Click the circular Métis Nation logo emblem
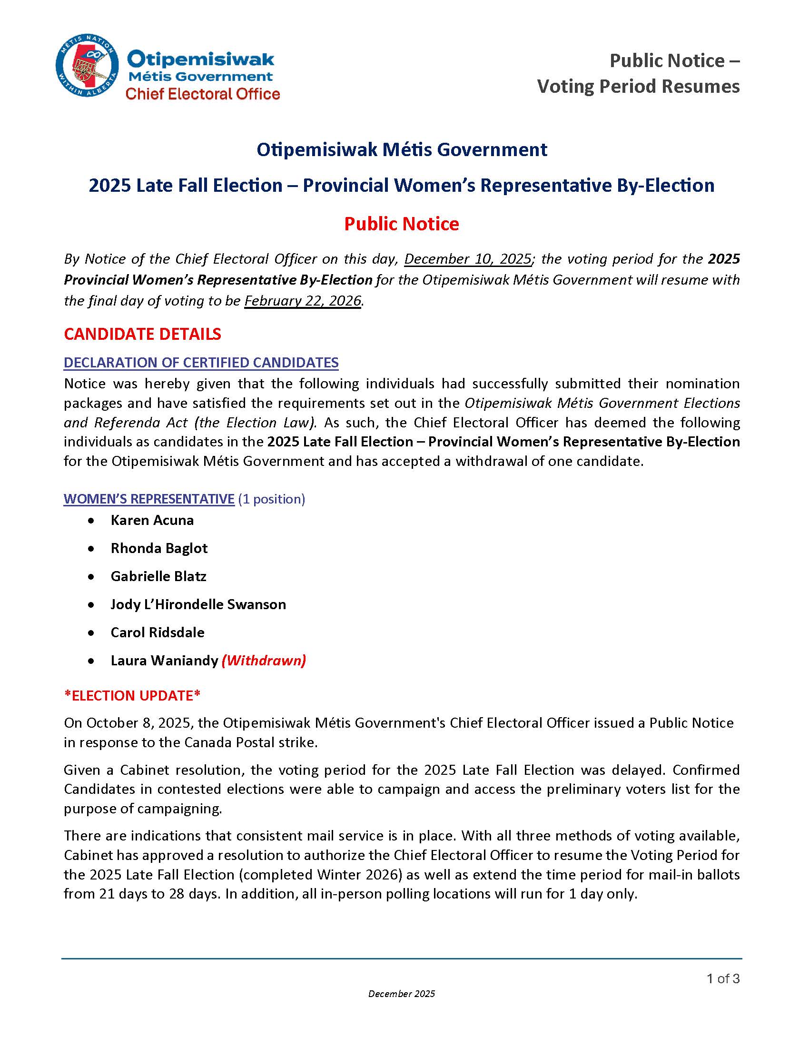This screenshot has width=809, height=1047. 87,65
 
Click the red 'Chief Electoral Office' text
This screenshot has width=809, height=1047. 202,94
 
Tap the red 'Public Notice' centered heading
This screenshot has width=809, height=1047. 401,224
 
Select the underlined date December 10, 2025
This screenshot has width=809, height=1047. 468,259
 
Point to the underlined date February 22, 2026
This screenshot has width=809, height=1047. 302,301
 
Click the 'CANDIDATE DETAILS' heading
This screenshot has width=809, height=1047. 142,334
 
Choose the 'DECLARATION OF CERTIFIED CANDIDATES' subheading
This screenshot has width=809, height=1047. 201,363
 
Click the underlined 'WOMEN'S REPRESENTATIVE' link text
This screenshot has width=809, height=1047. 148,499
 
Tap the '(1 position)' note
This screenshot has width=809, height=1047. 271,499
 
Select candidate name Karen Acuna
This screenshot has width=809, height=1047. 152,520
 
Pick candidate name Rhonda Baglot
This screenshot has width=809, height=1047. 159,548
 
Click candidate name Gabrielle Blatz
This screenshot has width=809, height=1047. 158,576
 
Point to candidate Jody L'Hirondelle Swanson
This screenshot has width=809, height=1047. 198,604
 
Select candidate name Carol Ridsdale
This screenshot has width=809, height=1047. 157,632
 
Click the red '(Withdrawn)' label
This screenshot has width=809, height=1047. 264,661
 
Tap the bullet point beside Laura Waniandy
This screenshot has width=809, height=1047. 91,661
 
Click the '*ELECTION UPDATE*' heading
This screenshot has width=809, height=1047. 132,696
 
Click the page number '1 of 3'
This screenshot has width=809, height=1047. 723,978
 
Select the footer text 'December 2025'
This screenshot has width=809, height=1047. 401,994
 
